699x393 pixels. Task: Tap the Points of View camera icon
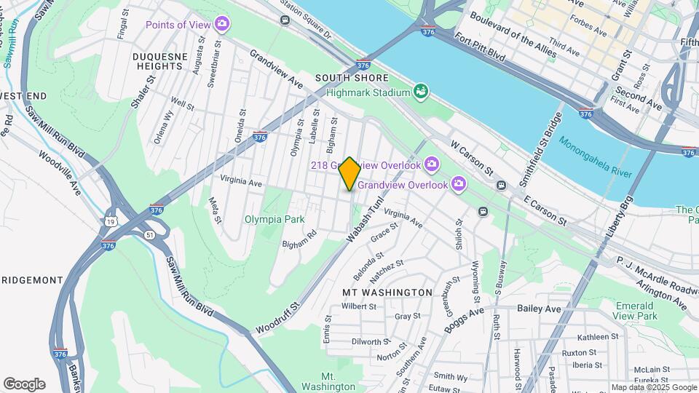coord(222,25)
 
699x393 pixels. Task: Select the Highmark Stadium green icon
coord(419,92)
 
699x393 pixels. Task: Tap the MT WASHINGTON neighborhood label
coord(387,292)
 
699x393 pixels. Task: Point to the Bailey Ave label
coord(540,309)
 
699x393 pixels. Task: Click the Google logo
coord(24,384)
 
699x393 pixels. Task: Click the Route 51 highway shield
coord(149,234)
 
